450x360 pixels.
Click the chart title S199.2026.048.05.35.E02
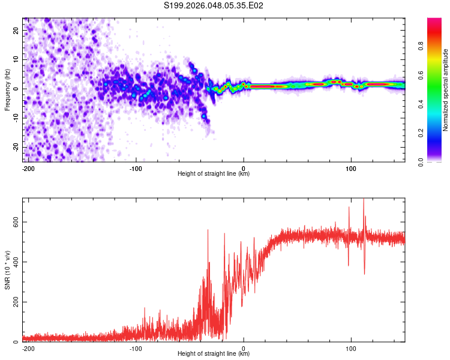tap(214, 6)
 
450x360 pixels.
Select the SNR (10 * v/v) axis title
tap(8, 270)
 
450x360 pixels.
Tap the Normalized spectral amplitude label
tap(446, 90)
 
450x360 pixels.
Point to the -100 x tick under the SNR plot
tap(136, 348)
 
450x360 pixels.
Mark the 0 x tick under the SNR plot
tap(244, 348)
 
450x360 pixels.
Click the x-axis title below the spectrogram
tap(214, 174)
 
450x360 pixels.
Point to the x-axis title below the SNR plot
tap(214, 354)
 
